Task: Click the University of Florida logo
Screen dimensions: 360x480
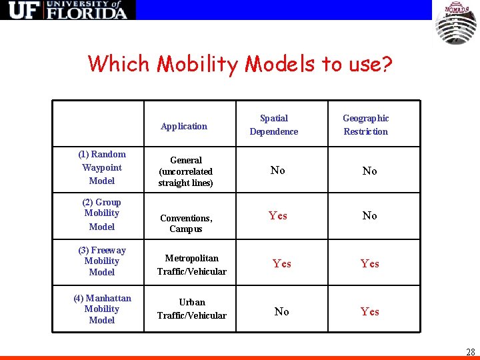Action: [67, 10]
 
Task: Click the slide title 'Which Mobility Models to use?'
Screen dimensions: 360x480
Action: [240, 64]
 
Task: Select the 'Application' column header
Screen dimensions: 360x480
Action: [184, 126]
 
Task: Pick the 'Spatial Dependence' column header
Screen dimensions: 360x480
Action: [274, 125]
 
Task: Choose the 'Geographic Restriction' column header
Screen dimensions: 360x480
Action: [365, 125]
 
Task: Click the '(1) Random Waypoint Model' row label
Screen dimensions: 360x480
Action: [102, 167]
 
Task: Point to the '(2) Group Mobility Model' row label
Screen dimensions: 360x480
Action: [101, 214]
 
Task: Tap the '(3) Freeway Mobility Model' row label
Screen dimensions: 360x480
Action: [102, 261]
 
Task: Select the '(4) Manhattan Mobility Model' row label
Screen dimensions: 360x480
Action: [102, 309]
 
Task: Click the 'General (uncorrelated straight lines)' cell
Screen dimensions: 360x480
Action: [186, 171]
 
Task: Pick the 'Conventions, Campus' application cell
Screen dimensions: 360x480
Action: [186, 223]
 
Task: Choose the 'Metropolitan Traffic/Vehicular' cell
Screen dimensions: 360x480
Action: [192, 265]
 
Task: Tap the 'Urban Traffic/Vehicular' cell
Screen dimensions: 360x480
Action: [192, 309]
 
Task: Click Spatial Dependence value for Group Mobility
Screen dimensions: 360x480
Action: [278, 215]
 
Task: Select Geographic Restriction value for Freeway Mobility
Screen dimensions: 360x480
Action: [370, 263]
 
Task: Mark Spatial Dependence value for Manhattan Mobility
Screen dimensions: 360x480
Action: [282, 311]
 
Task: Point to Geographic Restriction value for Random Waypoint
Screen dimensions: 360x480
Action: [370, 171]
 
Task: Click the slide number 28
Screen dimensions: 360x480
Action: [471, 351]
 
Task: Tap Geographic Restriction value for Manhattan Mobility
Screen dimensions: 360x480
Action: [370, 311]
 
